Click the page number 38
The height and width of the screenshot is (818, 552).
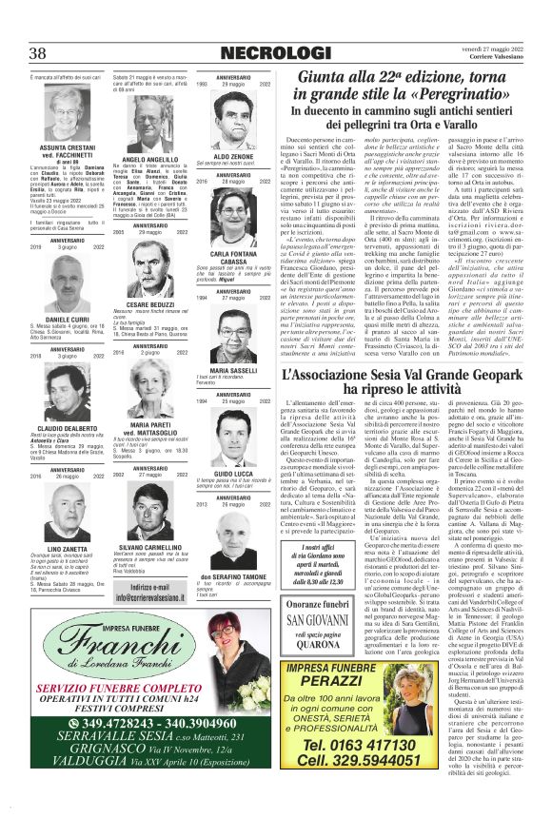pyautogui.click(x=39, y=51)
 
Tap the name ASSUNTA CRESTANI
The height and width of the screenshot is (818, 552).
pyautogui.click(x=66, y=149)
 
